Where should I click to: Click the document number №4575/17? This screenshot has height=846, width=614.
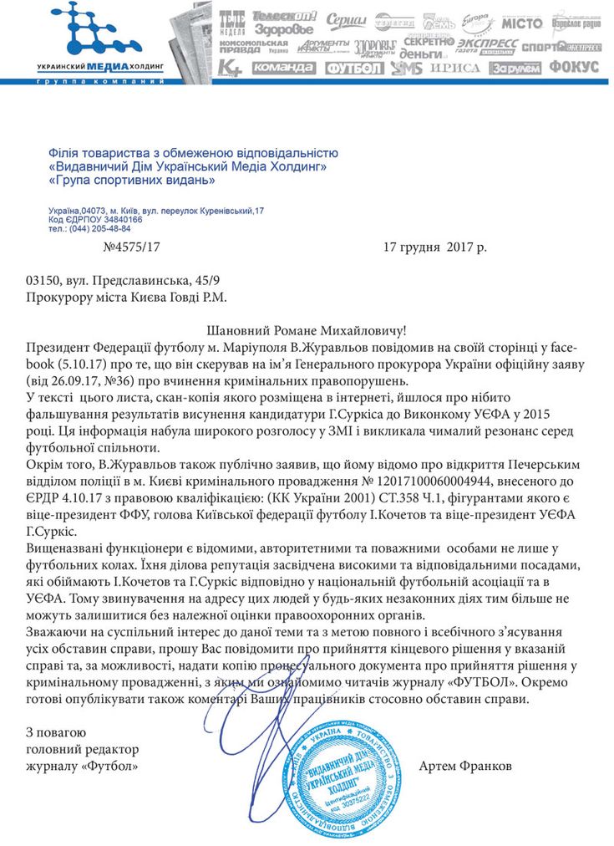(130, 247)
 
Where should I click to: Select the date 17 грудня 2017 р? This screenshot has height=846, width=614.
(434, 247)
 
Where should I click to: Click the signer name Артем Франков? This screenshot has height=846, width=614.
(465, 766)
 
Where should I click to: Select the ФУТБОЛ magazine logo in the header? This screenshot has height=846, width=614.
(354, 68)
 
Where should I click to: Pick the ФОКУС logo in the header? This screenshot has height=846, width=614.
(574, 67)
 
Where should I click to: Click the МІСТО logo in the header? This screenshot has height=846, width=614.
(522, 23)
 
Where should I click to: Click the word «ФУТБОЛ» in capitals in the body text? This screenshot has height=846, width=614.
(482, 682)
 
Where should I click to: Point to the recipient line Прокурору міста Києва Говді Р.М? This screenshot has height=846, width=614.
(125, 297)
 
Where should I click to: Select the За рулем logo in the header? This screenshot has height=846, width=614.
(515, 68)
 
